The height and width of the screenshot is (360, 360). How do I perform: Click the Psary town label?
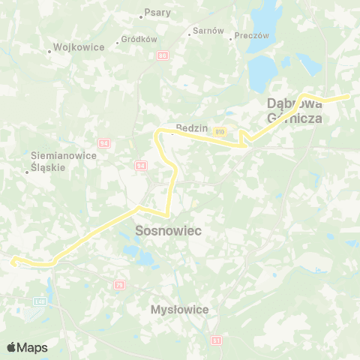(158, 13)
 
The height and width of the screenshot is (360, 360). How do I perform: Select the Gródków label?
(139, 39)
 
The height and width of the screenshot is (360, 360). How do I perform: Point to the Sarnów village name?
(208, 31)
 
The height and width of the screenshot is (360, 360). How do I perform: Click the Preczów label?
(251, 35)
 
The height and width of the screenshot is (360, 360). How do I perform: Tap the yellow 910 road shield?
(220, 131)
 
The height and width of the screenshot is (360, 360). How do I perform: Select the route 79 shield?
(119, 285)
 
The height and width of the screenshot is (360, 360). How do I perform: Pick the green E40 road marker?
(39, 301)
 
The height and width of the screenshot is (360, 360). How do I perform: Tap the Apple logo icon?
(11, 347)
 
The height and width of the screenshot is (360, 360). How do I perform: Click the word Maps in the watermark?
(32, 347)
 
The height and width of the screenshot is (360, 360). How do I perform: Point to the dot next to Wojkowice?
(49, 52)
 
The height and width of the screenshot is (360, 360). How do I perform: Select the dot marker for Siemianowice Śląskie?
(26, 172)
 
